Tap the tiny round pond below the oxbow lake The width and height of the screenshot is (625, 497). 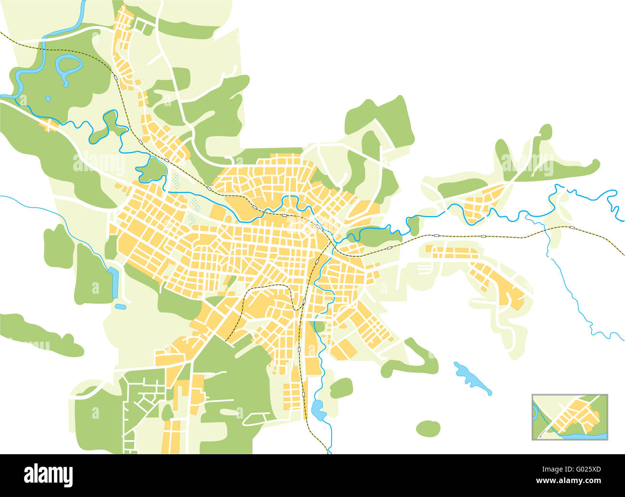click(x=48, y=99)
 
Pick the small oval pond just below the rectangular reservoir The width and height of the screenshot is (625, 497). click(x=121, y=306)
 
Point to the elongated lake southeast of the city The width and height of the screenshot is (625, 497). click(x=471, y=377)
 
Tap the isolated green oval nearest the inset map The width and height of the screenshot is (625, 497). click(x=428, y=428)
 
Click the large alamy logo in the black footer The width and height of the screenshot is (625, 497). click(x=49, y=475)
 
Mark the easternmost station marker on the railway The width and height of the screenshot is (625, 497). click(x=572, y=227)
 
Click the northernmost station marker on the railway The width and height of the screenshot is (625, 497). click(x=116, y=76)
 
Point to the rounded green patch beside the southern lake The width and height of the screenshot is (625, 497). click(x=341, y=387)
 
